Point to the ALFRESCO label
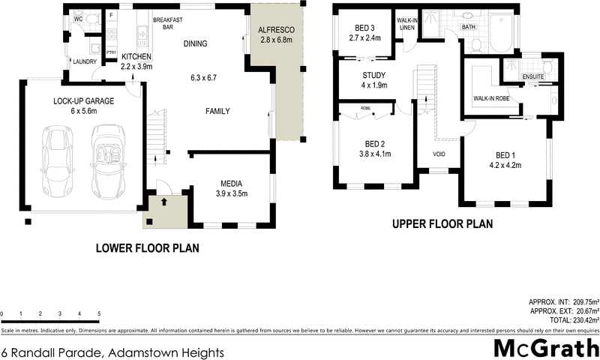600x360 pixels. (277, 29)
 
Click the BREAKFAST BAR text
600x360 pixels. (164, 22)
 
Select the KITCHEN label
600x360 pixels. (136, 57)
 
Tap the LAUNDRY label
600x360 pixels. (83, 61)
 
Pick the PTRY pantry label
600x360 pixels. (111, 52)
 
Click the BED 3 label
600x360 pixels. (361, 28)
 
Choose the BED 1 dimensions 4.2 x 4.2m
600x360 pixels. (505, 165)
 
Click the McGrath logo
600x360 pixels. (546, 347)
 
